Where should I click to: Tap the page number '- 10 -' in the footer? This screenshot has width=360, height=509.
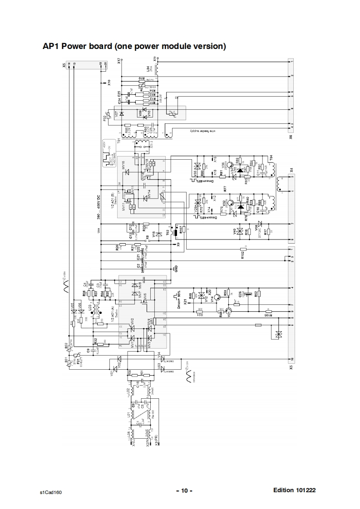click(184, 491)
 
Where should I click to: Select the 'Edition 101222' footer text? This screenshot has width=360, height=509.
click(295, 490)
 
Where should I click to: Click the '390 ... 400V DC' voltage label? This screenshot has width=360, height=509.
click(99, 206)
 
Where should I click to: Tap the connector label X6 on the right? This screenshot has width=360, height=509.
click(291, 136)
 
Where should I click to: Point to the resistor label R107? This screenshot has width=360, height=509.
click(181, 230)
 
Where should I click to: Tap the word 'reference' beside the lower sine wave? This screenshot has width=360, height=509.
click(194, 377)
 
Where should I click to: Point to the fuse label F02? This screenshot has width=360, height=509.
click(105, 119)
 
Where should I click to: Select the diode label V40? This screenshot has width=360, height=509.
click(235, 231)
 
